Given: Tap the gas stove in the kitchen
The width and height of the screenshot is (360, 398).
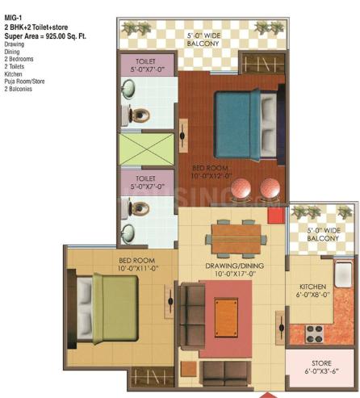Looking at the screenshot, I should coord(312,331).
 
